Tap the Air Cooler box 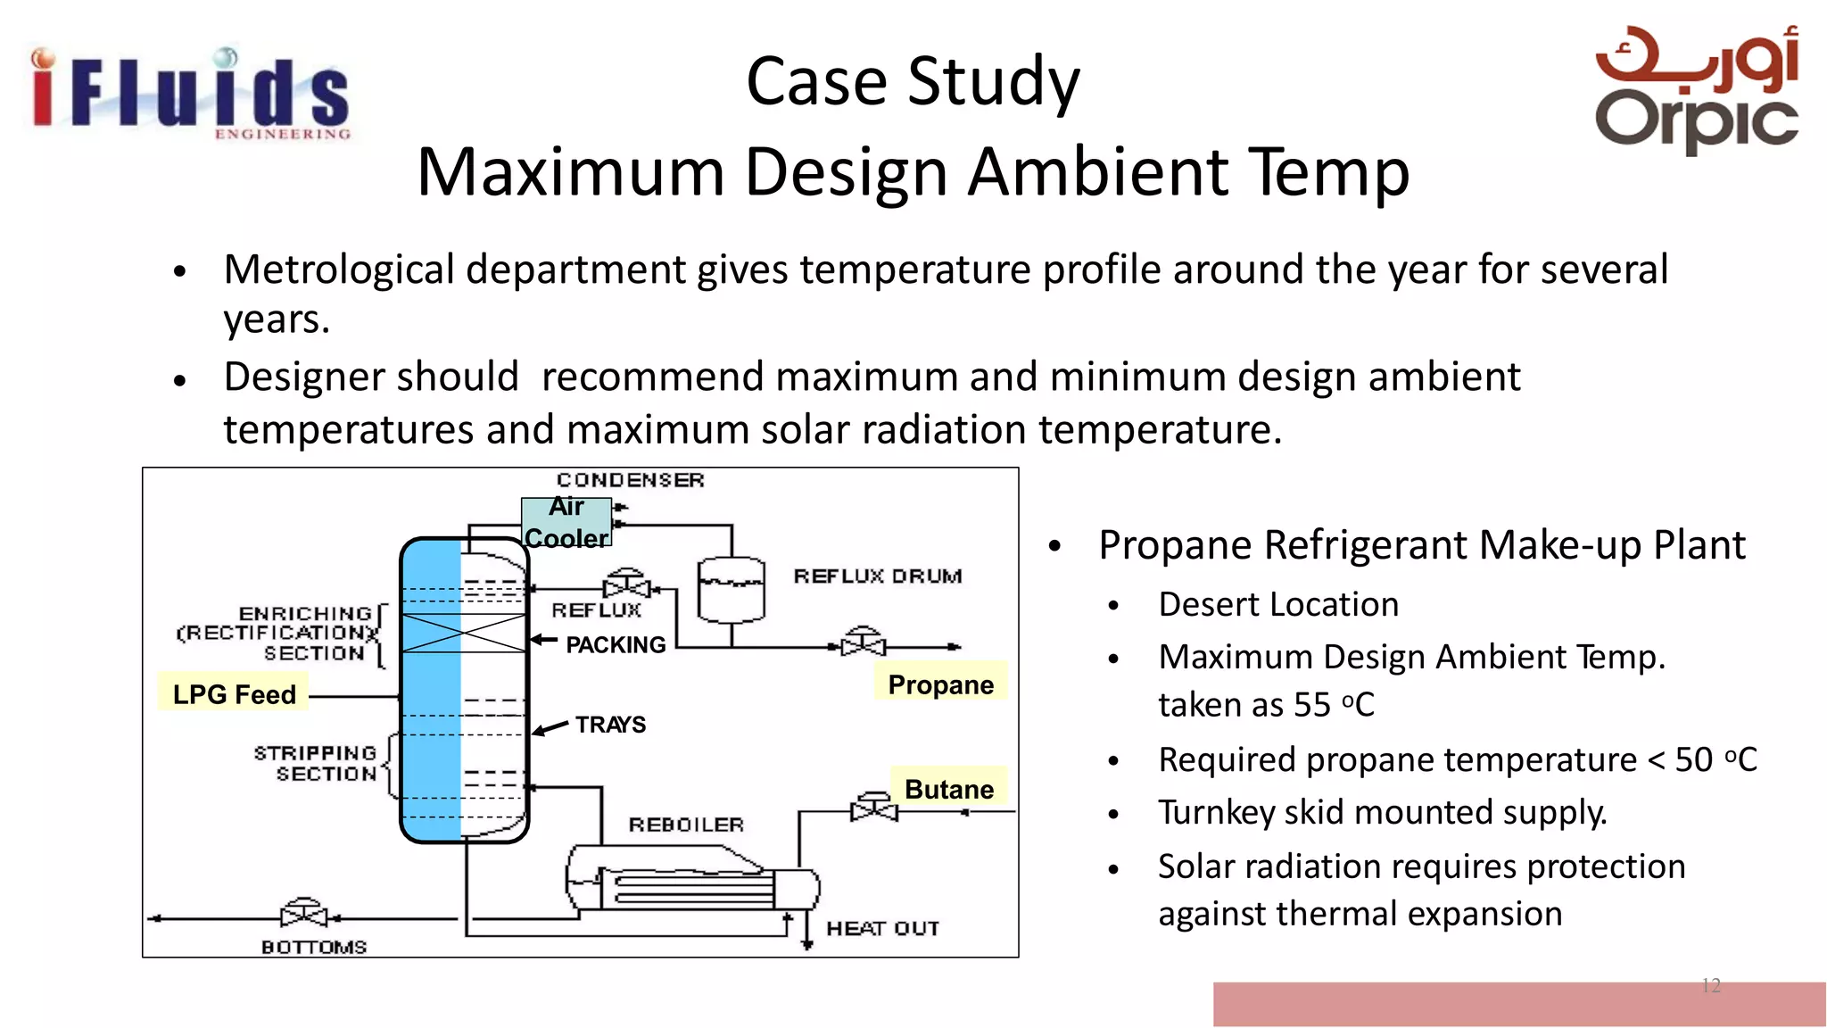(x=566, y=522)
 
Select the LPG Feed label (x=234, y=693)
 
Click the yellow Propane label (x=940, y=684)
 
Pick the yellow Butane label (x=948, y=788)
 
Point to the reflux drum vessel (x=731, y=590)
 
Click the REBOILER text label (x=685, y=825)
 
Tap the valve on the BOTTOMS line (x=304, y=915)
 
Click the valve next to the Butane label (x=873, y=808)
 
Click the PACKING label (x=616, y=644)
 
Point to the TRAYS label (x=610, y=724)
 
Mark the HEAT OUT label (x=882, y=928)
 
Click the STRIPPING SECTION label (x=316, y=763)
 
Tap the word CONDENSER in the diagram (x=630, y=480)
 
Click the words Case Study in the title (x=913, y=82)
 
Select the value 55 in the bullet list (x=1311, y=705)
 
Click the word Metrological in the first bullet (x=339, y=269)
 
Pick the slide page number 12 (x=1710, y=985)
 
